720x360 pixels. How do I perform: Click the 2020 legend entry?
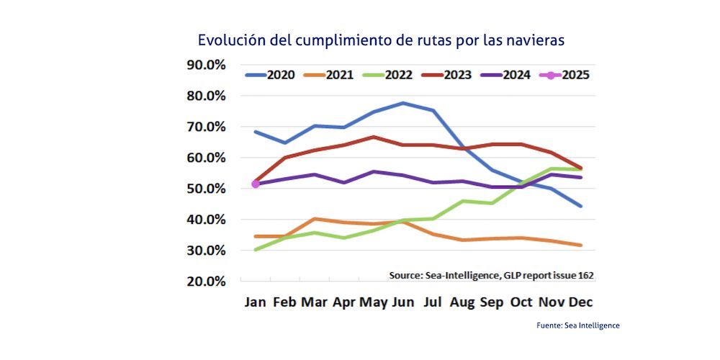click(x=270, y=75)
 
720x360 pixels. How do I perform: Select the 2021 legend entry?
click(x=330, y=75)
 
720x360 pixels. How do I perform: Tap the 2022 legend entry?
click(x=390, y=75)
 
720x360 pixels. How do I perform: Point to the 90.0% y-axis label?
click(x=206, y=65)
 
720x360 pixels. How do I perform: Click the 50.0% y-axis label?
click(x=206, y=189)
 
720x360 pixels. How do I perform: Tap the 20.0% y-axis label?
click(x=206, y=282)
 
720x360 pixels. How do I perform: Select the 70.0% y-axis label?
click(x=206, y=127)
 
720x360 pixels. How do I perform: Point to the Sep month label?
click(x=492, y=302)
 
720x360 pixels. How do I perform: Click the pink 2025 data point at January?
click(x=256, y=184)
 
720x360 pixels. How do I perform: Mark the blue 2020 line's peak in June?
click(x=404, y=103)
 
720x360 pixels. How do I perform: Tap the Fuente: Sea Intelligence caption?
click(x=578, y=325)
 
